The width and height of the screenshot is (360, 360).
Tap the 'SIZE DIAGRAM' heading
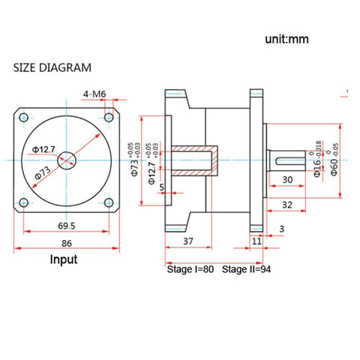tap(52, 67)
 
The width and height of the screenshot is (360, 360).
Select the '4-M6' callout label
tap(94, 94)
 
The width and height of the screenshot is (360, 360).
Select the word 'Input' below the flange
tap(63, 260)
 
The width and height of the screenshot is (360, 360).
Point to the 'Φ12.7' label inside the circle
tap(43, 150)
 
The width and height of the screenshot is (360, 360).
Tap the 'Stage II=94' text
tap(247, 268)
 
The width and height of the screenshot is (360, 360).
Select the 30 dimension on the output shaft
tap(287, 179)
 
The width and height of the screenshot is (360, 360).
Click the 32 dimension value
tap(286, 204)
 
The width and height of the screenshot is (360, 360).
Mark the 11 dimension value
tap(257, 241)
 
